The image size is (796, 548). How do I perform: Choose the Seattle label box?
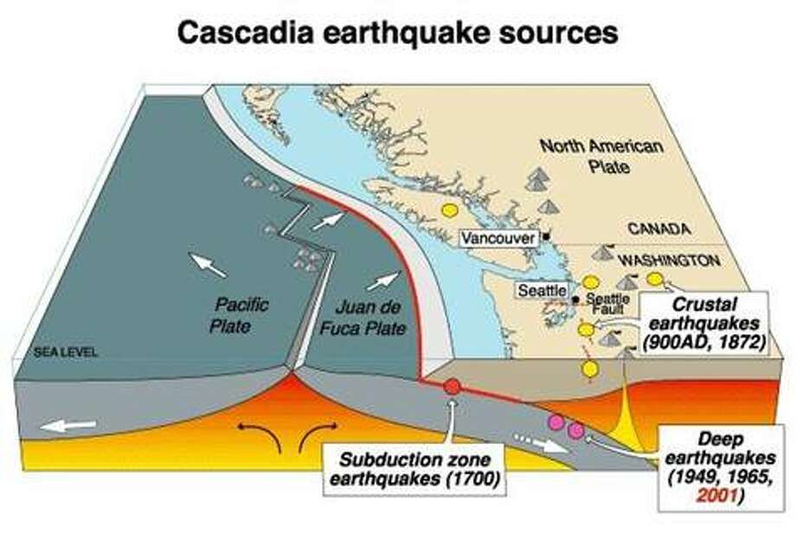tap(542, 290)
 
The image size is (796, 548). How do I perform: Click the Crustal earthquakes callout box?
tap(701, 323)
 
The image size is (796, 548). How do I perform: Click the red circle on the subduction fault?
tap(451, 387)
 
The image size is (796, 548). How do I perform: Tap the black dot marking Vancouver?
tap(546, 235)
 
